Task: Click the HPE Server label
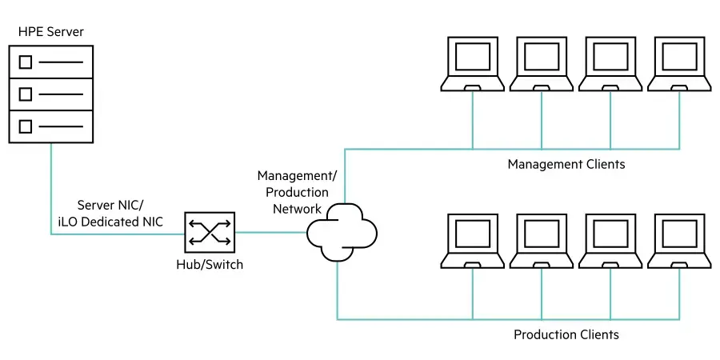51,32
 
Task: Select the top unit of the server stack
51,62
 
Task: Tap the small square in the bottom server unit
26,126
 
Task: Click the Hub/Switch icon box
210,232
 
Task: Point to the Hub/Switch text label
210,265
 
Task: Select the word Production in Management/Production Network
297,192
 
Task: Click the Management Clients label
566,164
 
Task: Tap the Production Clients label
566,334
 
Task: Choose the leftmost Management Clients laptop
473,64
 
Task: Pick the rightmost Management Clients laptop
679,64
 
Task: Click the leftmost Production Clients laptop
473,241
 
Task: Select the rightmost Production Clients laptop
679,241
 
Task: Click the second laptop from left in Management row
542,64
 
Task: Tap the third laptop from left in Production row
610,241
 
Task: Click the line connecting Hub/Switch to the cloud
271,232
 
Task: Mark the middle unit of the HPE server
51,94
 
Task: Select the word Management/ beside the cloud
297,176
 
